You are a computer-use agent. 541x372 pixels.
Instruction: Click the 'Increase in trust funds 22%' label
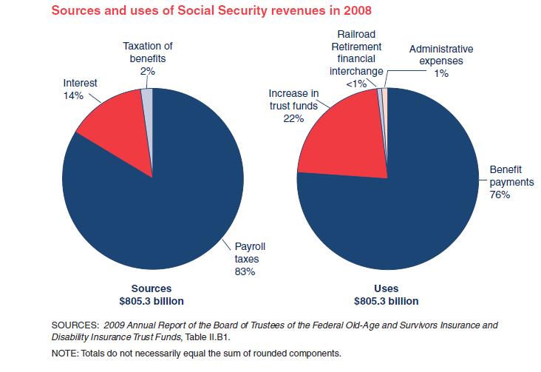pos(293,106)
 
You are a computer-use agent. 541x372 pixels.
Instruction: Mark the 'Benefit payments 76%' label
pos(506,182)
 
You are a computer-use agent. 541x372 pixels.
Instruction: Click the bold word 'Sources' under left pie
pos(152,288)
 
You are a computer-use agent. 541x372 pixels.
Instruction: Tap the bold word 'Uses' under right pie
pos(386,288)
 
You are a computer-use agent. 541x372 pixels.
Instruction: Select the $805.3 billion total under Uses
pos(386,301)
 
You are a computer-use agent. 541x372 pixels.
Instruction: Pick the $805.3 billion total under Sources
pos(152,301)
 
